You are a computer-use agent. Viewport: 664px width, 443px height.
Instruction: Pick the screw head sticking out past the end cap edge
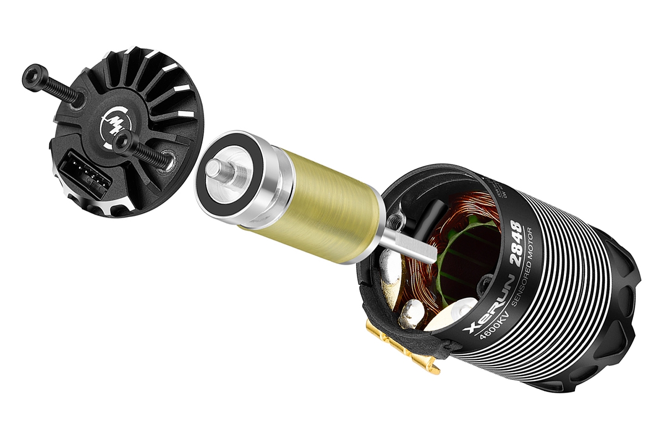(32, 76)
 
